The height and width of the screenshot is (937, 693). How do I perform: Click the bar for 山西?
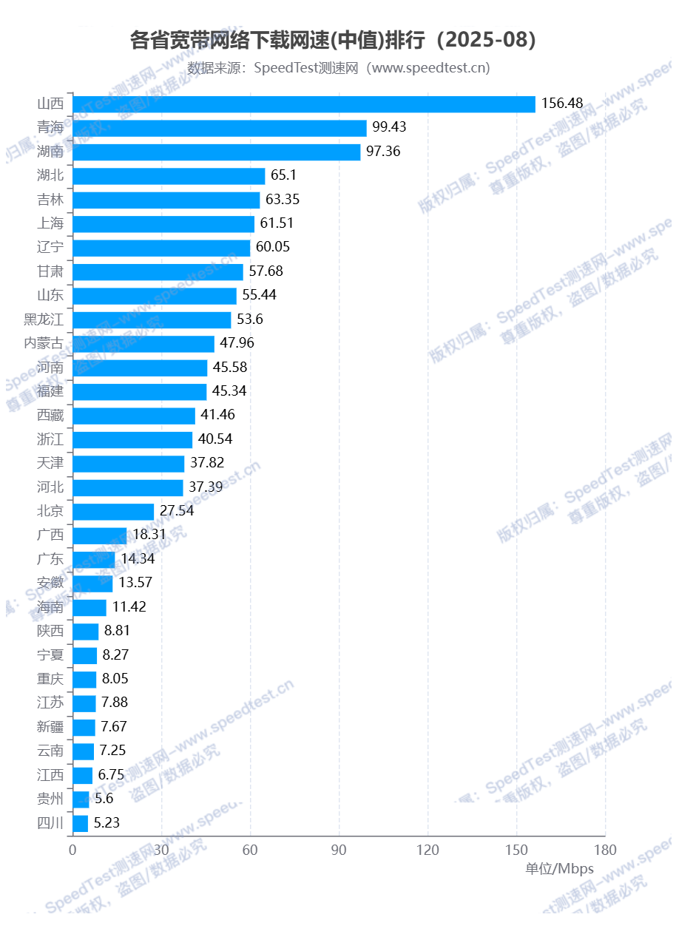click(303, 104)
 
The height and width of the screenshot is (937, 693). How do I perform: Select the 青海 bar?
click(220, 128)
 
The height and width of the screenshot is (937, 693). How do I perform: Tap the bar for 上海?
click(163, 224)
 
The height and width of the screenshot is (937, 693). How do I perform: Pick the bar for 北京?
click(113, 512)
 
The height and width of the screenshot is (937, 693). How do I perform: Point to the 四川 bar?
click(81, 823)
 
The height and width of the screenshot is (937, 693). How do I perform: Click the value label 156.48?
click(562, 104)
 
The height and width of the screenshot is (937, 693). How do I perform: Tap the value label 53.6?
click(250, 319)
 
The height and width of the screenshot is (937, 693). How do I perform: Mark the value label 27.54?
click(177, 511)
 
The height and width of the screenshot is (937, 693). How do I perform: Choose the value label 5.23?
click(107, 823)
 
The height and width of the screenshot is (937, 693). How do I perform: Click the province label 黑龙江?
click(44, 319)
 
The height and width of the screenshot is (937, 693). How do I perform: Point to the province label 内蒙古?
click(44, 343)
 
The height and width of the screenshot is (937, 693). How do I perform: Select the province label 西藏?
click(50, 415)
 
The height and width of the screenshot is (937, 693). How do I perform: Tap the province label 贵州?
click(50, 799)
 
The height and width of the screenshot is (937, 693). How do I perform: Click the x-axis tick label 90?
click(339, 850)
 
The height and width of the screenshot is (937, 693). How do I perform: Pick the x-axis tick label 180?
click(605, 850)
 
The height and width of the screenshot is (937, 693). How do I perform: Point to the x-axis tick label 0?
click(72, 850)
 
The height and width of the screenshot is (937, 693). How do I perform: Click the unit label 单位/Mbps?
click(559, 869)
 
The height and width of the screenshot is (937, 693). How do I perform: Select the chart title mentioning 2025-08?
click(333, 40)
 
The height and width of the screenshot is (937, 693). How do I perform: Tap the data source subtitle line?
click(339, 68)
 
